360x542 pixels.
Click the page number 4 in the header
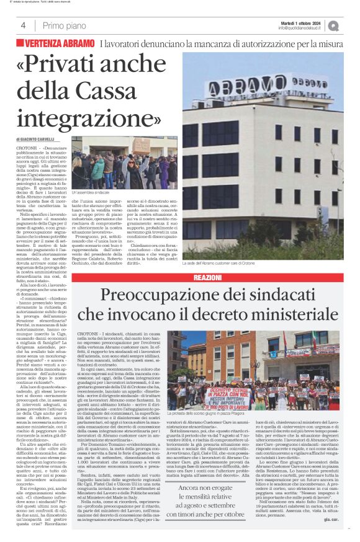pos(23,25)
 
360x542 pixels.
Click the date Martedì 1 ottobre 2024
pos(302,22)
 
